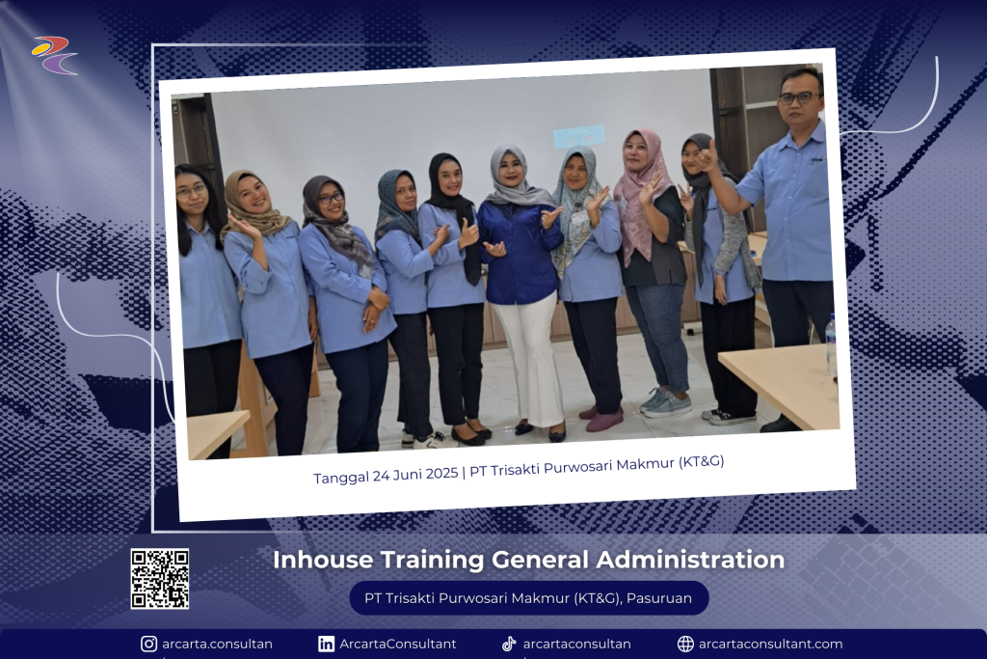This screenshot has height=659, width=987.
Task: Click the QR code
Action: coord(159,578)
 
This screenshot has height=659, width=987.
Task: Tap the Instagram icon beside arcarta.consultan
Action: coord(148,644)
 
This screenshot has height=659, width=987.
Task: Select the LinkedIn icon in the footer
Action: coord(326,644)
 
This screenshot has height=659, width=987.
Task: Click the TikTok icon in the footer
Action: coord(509,644)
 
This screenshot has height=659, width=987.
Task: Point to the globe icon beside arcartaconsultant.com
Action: coord(685,644)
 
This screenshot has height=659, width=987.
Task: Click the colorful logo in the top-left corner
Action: coord(54,55)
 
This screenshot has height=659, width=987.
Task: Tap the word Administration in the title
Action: coord(690,560)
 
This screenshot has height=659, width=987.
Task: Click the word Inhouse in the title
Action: coord(323,560)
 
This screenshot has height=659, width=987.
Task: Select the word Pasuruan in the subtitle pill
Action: coord(659,598)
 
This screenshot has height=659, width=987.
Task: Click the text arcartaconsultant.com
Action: coord(770,644)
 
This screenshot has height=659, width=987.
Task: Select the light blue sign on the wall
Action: coord(578,135)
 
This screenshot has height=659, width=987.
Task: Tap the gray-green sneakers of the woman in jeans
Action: coord(664,402)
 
